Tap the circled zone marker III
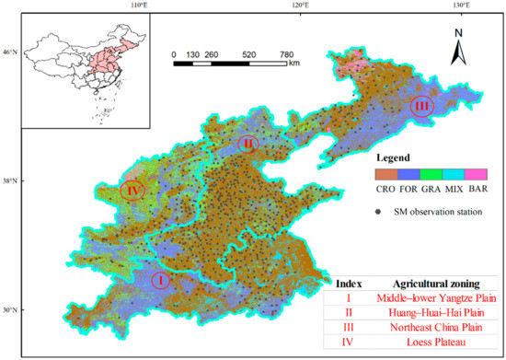(x=422, y=107)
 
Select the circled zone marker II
(x=247, y=145)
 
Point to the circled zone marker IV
(x=132, y=191)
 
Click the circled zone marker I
(x=160, y=279)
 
